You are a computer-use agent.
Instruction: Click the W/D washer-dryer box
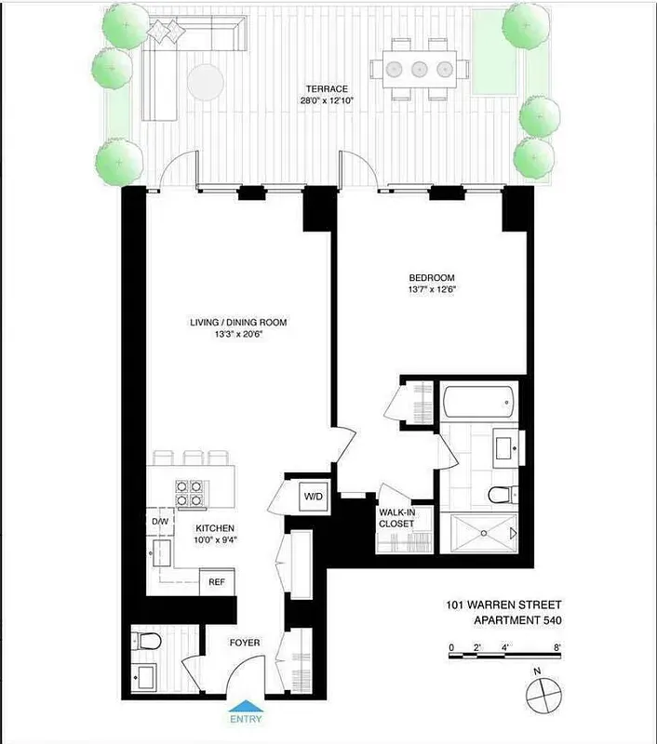coord(312,498)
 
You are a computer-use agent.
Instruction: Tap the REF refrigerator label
coord(217,582)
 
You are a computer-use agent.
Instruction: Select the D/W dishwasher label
coord(160,522)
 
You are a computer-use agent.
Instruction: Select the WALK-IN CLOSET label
coord(396,517)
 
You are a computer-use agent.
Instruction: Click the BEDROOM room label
coord(431,278)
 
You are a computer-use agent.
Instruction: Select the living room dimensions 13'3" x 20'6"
coord(238,336)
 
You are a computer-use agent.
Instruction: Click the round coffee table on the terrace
coord(206,83)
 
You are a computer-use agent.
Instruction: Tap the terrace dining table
coord(418,69)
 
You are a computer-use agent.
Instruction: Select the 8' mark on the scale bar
coord(557,647)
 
